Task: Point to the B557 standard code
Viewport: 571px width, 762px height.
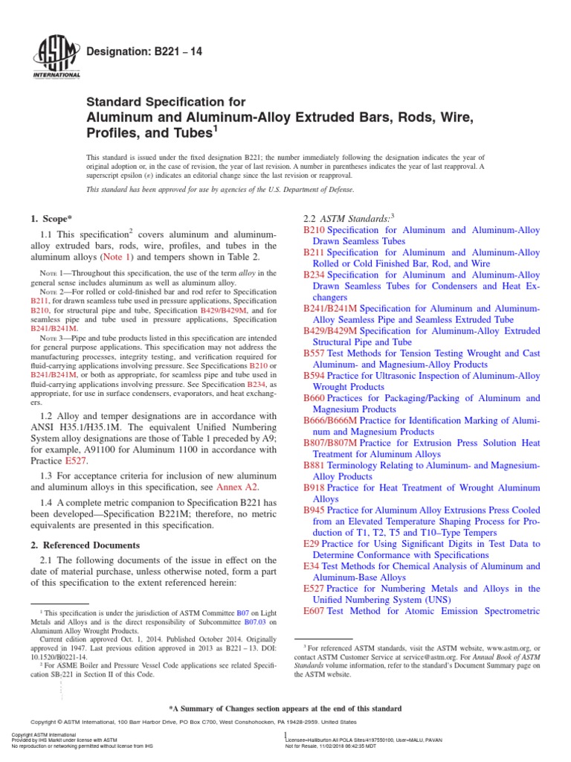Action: (x=314, y=353)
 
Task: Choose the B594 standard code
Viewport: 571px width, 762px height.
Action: (x=314, y=376)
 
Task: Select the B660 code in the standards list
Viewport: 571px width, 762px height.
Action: (x=314, y=398)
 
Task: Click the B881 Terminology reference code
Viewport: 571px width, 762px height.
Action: (x=314, y=465)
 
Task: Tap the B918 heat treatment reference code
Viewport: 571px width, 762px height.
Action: (x=314, y=487)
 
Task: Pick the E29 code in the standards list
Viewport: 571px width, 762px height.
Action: (x=312, y=544)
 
